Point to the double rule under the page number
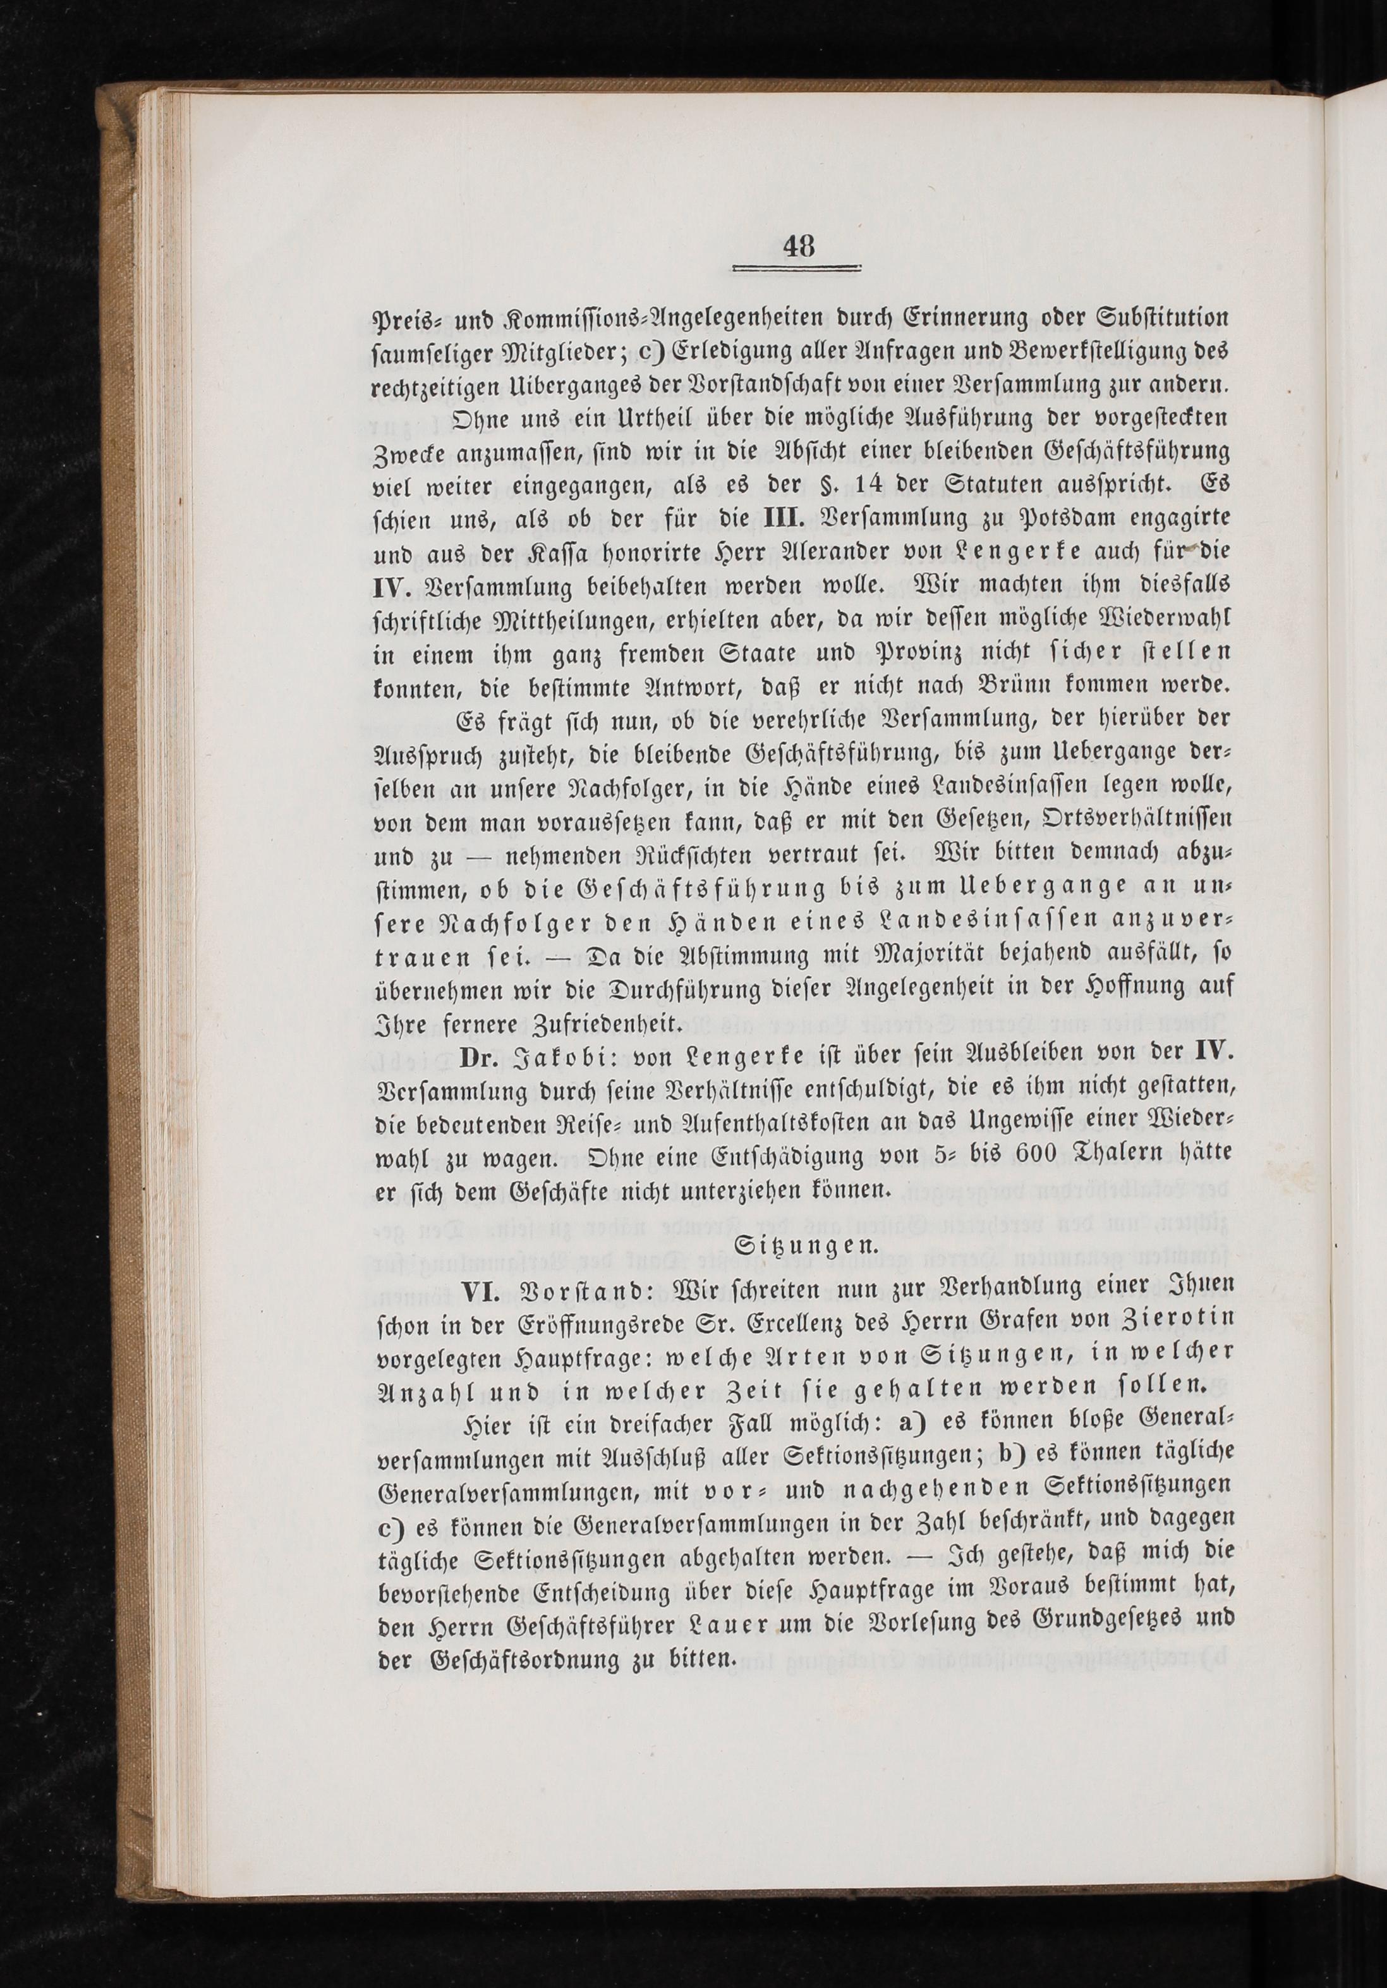pyautogui.click(x=797, y=269)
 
